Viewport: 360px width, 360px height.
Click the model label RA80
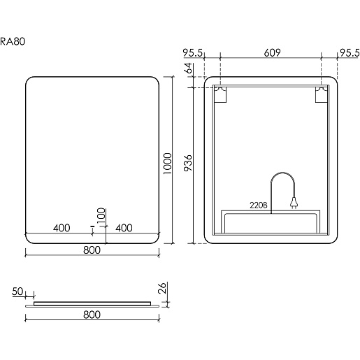coord(13,41)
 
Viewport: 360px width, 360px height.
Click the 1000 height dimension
coord(168,164)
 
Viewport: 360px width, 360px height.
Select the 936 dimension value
coord(188,163)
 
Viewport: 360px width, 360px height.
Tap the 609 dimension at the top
coord(272,52)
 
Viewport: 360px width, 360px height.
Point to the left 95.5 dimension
coord(193,53)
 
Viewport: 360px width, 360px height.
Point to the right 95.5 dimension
coord(350,53)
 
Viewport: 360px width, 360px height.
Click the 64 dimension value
coord(188,68)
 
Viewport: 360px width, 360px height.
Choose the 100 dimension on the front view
coord(101,215)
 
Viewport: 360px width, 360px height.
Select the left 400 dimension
coord(62,228)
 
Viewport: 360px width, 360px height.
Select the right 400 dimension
coord(124,228)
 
